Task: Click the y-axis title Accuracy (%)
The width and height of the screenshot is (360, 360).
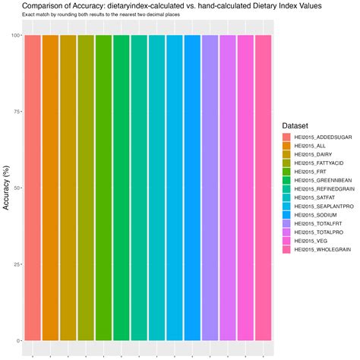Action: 6,187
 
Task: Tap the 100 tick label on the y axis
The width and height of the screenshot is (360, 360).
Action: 15,35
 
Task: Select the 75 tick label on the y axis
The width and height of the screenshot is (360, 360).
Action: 17,112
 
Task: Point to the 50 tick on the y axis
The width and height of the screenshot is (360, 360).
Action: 17,188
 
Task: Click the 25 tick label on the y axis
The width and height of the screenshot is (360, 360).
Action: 17,264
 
